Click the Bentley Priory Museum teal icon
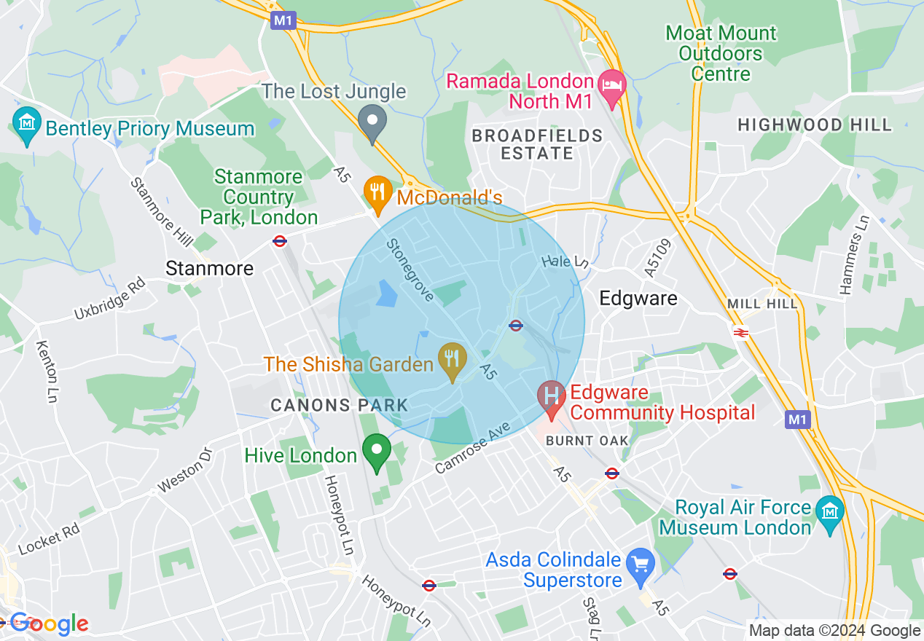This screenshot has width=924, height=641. point(27,127)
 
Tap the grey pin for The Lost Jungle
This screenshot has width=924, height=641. point(373,122)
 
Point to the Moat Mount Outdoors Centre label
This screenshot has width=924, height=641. point(721,53)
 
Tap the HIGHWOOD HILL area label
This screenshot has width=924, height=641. point(814,125)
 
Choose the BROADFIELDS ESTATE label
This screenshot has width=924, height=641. point(537,144)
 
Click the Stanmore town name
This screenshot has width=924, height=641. point(210,268)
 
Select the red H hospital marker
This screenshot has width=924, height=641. point(551,398)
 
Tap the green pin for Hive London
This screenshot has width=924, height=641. point(377,451)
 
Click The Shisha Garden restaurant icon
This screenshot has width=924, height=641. point(453,360)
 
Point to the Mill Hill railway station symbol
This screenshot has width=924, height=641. point(741,332)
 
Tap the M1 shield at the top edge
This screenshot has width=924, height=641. point(283,20)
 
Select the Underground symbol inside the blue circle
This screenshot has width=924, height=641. point(516,325)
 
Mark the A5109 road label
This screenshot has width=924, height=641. point(650,257)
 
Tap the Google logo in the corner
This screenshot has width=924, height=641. point(48,624)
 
